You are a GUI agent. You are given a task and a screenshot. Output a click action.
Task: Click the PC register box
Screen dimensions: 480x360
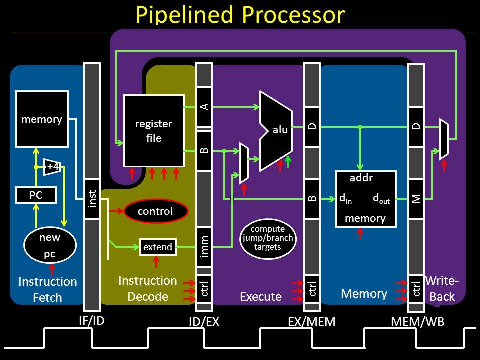(36, 195)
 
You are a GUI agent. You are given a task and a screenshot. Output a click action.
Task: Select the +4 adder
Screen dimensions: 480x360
(52, 167)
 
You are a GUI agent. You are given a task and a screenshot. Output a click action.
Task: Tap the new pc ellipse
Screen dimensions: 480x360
(50, 245)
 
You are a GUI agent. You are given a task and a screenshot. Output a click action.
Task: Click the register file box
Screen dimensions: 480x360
(154, 131)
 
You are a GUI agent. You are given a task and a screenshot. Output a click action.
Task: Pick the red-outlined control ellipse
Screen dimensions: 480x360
(156, 211)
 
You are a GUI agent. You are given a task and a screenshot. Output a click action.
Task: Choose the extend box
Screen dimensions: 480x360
(158, 247)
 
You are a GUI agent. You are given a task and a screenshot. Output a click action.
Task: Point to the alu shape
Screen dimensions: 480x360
(276, 131)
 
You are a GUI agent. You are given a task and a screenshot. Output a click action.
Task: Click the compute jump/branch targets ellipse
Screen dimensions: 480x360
(268, 238)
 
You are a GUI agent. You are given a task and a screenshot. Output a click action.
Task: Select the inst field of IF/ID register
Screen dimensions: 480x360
(92, 199)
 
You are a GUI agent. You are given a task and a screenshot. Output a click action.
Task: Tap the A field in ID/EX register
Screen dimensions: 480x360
(204, 107)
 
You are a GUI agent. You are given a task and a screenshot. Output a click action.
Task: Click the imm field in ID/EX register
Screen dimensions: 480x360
(204, 246)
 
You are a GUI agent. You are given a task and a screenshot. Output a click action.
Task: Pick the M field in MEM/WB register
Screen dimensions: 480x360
(416, 199)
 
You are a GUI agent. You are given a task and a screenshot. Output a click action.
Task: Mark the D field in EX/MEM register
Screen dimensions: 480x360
(312, 126)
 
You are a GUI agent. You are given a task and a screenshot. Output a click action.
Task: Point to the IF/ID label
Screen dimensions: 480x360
(92, 321)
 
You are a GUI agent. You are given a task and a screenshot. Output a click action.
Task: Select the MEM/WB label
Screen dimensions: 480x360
(418, 321)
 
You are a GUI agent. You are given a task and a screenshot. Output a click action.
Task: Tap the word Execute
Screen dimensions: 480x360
(261, 296)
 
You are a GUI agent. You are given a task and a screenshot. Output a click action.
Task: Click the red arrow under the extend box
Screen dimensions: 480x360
(156, 262)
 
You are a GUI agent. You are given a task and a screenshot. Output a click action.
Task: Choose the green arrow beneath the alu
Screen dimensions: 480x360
(288, 162)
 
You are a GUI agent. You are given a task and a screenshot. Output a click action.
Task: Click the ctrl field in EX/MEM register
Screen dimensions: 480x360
(312, 288)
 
